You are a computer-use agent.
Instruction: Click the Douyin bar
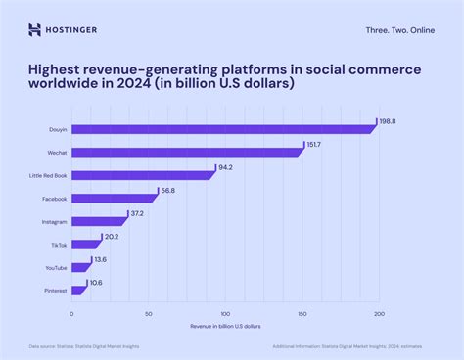point(223,129)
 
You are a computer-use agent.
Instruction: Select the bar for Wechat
point(187,152)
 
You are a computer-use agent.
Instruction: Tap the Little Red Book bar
point(143,175)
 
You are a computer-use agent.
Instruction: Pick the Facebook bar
point(114,199)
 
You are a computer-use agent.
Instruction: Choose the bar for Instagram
point(99,221)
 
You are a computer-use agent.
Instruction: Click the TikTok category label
point(59,245)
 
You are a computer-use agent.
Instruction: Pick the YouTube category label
point(55,267)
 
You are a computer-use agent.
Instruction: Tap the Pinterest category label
point(55,291)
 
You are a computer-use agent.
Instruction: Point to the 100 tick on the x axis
point(225,314)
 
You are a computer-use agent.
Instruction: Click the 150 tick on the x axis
point(302,314)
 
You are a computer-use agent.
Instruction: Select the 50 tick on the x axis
point(149,314)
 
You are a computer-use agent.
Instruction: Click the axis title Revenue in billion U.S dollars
point(225,325)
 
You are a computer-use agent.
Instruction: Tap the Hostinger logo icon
point(35,29)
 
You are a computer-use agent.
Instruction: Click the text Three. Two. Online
point(398,30)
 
